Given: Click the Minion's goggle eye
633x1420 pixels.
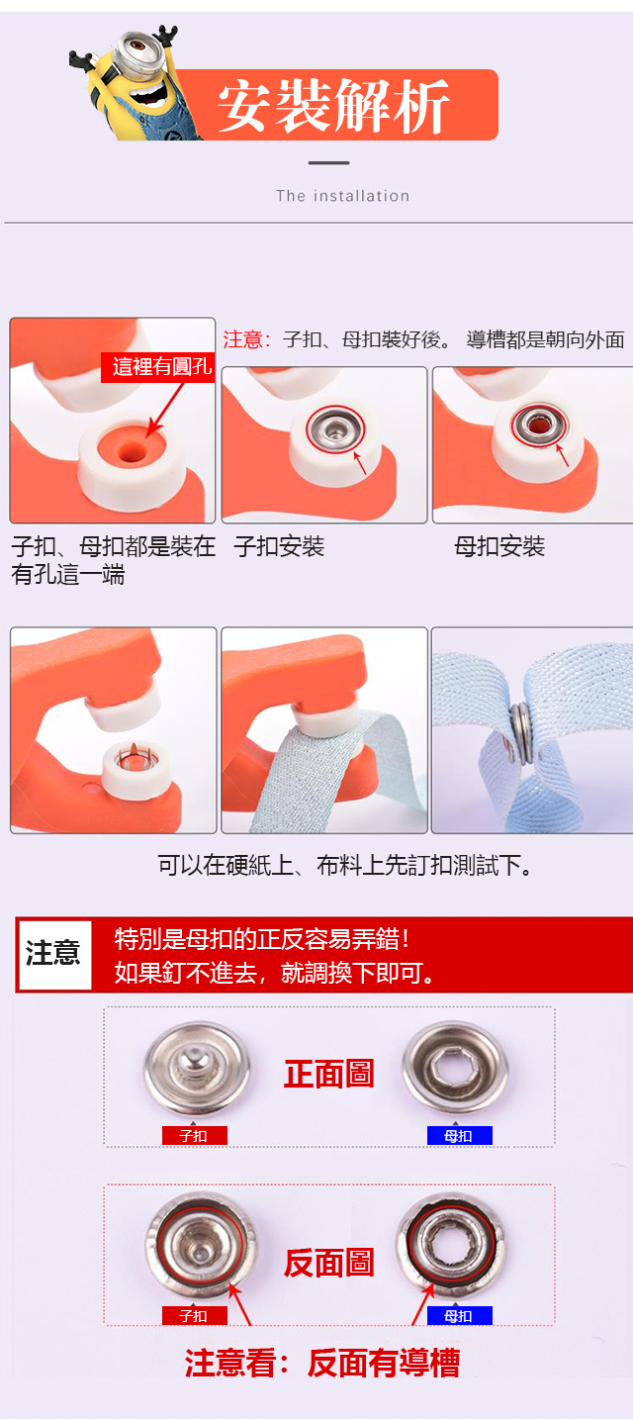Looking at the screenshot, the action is click(139, 46).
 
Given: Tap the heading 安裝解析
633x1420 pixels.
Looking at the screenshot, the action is click(334, 106).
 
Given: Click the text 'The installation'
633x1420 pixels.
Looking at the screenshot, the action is click(343, 196).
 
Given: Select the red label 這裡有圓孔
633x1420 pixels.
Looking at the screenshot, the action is click(158, 367).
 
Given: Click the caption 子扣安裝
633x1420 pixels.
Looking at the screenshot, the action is click(280, 546).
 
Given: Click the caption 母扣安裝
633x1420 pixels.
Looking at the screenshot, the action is click(499, 546).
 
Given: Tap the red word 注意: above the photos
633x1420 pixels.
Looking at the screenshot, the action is click(246, 339).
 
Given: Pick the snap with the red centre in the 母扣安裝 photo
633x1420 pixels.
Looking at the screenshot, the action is click(539, 424).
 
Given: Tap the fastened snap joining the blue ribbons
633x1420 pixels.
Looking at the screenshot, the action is click(520, 731).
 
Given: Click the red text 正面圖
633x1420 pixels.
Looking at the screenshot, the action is click(328, 1074).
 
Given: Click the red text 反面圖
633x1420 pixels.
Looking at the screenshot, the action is click(328, 1262).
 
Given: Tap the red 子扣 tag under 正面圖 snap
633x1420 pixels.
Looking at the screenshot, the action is click(195, 1135).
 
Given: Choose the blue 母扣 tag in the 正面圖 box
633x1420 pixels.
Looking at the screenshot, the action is click(459, 1135).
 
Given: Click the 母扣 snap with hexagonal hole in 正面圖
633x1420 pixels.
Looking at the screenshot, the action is click(455, 1068).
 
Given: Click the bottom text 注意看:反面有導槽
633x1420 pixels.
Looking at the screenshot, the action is click(321, 1363).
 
